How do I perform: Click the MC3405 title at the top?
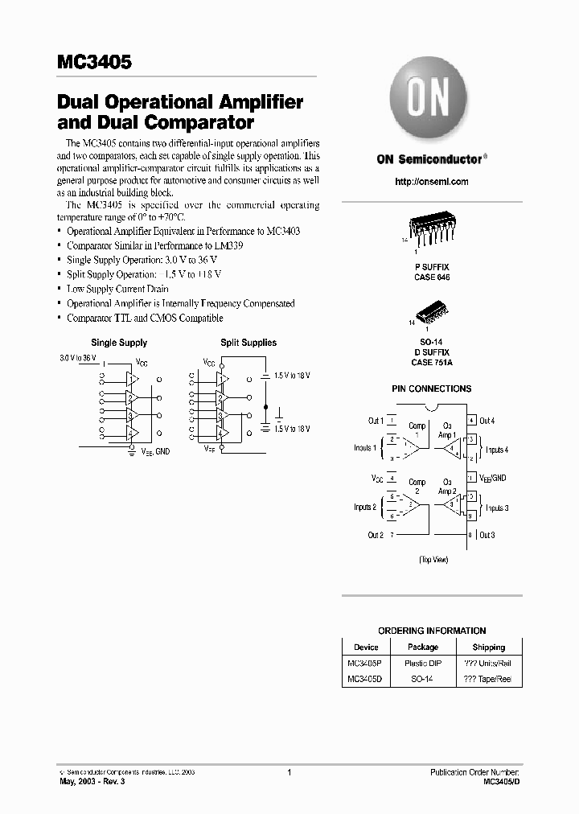pyautogui.click(x=94, y=62)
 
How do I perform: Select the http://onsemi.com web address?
pyautogui.click(x=431, y=182)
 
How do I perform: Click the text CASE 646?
pyautogui.click(x=431, y=277)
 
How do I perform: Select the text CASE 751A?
pyautogui.click(x=431, y=361)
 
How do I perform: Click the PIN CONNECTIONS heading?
pyautogui.click(x=431, y=388)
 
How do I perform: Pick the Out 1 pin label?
pyautogui.click(x=376, y=421)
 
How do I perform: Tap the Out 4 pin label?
pyautogui.click(x=487, y=421)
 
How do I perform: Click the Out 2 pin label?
pyautogui.click(x=376, y=535)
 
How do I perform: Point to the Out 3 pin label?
pyautogui.click(x=487, y=535)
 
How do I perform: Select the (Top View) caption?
pyautogui.click(x=433, y=559)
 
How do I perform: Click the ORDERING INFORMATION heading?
pyautogui.click(x=432, y=631)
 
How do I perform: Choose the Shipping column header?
pyautogui.click(x=488, y=647)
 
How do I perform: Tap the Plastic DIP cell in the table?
pyautogui.click(x=422, y=663)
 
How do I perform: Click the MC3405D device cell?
pyautogui.click(x=365, y=679)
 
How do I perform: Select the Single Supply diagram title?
pyautogui.click(x=119, y=343)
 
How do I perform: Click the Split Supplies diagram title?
pyautogui.click(x=248, y=343)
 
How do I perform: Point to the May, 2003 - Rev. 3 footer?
pyautogui.click(x=92, y=782)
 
